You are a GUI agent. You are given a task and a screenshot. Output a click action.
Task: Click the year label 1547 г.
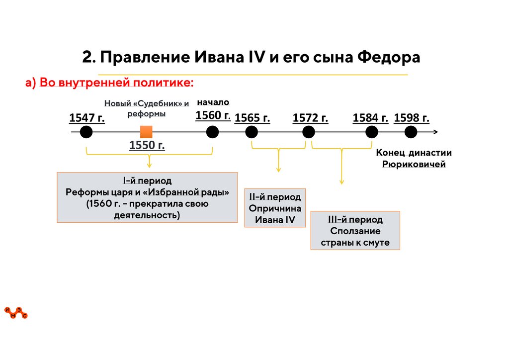tap(87, 118)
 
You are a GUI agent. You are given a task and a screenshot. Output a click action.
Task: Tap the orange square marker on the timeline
tap(146, 132)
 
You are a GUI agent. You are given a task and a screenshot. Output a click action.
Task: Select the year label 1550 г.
tap(147, 146)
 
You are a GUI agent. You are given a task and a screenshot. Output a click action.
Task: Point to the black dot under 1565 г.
tap(252, 132)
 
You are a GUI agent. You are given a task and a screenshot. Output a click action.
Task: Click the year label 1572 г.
tap(311, 118)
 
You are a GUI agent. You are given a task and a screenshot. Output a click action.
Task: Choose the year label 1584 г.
tap(370, 118)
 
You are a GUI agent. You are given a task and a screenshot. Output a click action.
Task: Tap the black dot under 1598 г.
tap(411, 132)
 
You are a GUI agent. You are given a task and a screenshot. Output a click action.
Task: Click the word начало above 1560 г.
tap(213, 102)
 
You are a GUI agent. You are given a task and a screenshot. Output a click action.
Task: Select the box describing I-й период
tap(147, 197)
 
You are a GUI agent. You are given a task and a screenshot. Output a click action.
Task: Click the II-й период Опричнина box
tap(275, 208)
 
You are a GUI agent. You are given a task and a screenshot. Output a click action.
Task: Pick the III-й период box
tap(355, 231)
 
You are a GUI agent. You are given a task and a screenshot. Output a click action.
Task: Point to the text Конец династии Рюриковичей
tap(414, 159)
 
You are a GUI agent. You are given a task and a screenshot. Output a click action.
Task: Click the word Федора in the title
tap(389, 57)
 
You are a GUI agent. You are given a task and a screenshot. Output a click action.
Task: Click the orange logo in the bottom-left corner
tap(16, 313)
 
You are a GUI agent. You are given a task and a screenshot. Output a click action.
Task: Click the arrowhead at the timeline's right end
tap(435, 132)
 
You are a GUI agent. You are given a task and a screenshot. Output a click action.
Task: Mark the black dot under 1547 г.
tap(86, 132)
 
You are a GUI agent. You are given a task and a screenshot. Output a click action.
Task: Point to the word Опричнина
tap(275, 208)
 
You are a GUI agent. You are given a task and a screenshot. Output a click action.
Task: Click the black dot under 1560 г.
tap(213, 132)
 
